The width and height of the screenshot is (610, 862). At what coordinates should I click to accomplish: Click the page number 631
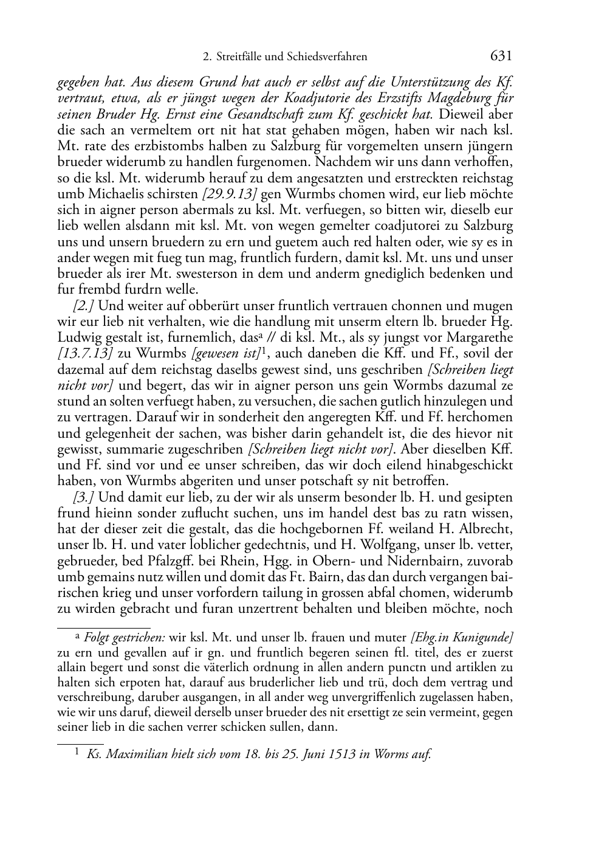501,57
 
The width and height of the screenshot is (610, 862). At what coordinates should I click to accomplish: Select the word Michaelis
111,194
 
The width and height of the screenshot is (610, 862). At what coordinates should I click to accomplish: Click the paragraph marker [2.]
83,306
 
